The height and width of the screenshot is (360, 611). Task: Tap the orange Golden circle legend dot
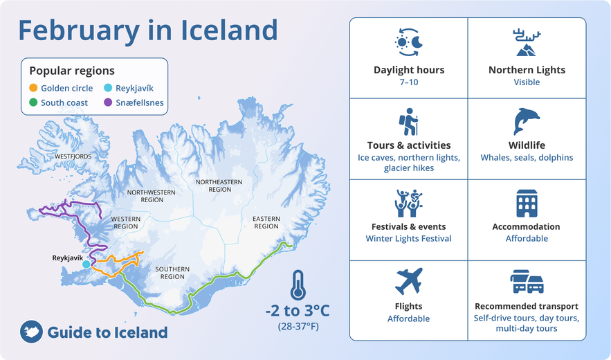coord(33,88)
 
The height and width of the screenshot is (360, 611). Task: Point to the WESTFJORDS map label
coord(73,156)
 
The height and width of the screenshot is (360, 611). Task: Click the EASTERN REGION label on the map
coord(266,222)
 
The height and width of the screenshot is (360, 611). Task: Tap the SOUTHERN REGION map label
coord(172,273)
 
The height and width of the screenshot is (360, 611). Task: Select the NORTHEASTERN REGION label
coord(219,185)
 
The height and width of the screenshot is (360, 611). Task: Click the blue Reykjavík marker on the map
coord(86,264)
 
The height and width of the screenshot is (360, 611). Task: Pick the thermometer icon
coord(298,285)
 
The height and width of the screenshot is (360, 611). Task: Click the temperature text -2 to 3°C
coord(298,309)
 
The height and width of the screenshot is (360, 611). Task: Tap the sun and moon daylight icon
coord(409,42)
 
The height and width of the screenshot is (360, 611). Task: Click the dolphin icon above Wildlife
coord(527,121)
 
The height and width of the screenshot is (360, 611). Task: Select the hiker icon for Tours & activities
coord(409,122)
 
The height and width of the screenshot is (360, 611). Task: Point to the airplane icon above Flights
coord(408,282)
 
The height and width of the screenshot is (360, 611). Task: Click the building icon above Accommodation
coord(527,203)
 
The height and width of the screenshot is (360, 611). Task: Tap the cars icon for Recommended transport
coord(527,282)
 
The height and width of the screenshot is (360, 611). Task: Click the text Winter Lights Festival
coord(408,239)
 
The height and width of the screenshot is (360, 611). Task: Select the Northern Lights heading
coord(527,70)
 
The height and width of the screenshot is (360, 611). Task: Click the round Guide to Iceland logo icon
coord(32,332)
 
